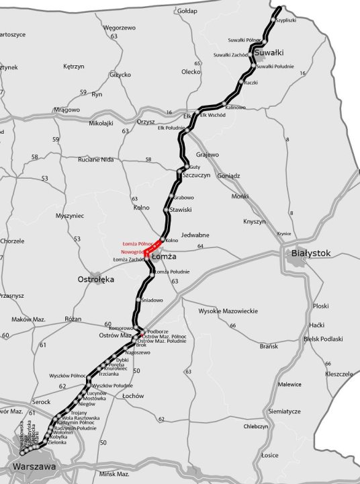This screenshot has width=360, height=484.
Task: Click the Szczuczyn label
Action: tap(196, 174)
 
